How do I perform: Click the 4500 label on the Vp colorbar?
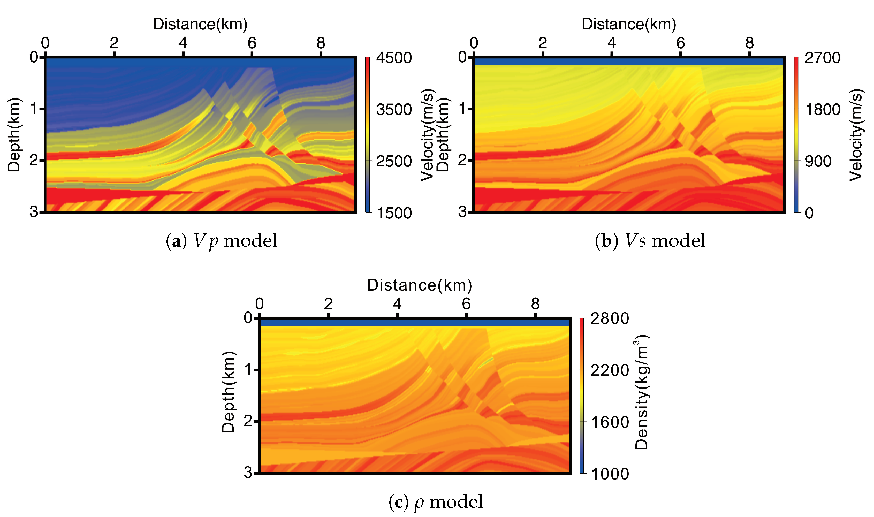point(394,58)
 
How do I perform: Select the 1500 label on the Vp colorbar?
point(394,213)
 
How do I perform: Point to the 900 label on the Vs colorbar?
point(818,161)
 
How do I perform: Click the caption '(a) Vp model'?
point(222,241)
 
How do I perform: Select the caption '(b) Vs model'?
point(650,241)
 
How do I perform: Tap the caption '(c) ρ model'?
point(436,502)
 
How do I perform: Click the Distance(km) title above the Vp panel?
point(200,24)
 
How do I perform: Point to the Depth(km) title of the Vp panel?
point(14,135)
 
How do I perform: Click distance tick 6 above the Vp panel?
point(252,43)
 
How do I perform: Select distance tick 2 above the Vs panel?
point(542,43)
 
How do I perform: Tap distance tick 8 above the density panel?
point(535,304)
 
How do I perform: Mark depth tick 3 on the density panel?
point(248,473)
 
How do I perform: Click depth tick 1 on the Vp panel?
point(34,109)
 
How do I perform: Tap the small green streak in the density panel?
point(486,363)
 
